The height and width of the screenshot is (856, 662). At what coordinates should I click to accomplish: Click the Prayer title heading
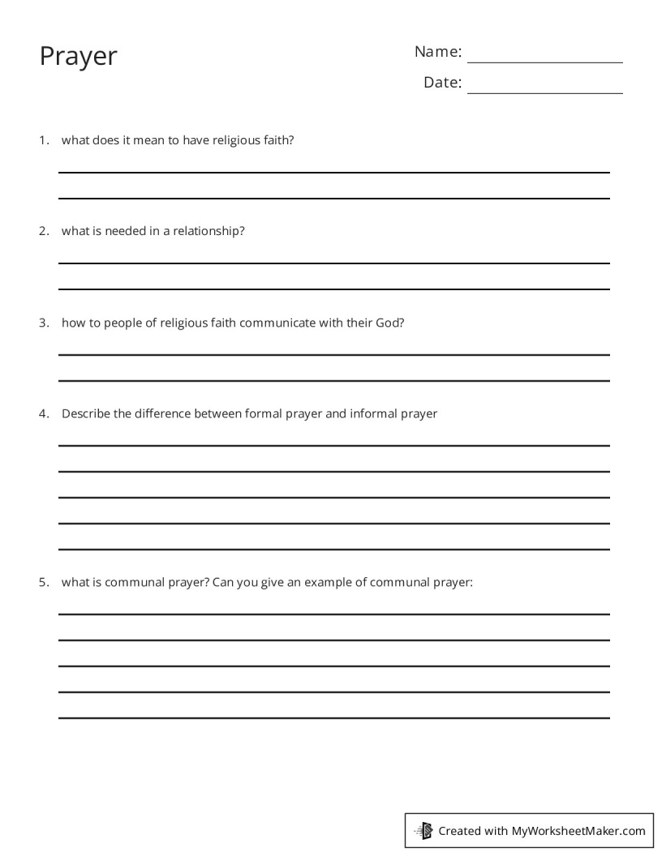tap(79, 57)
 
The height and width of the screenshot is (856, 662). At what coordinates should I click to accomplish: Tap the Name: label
tap(438, 52)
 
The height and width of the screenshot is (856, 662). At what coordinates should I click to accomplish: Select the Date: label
tap(442, 83)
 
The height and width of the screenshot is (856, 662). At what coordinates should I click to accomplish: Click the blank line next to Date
tap(544, 88)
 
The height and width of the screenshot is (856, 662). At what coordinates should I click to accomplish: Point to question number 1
tap(44, 140)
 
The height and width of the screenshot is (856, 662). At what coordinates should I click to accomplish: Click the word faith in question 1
tap(278, 140)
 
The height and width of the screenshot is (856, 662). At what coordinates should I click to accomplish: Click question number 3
tap(44, 323)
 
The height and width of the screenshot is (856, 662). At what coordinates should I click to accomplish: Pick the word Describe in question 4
tap(86, 413)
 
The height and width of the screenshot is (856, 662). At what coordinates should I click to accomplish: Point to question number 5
tap(44, 582)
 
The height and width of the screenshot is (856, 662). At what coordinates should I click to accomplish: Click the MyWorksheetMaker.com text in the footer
tap(578, 831)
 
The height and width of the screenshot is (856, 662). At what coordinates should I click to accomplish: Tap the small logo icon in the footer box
tap(424, 830)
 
